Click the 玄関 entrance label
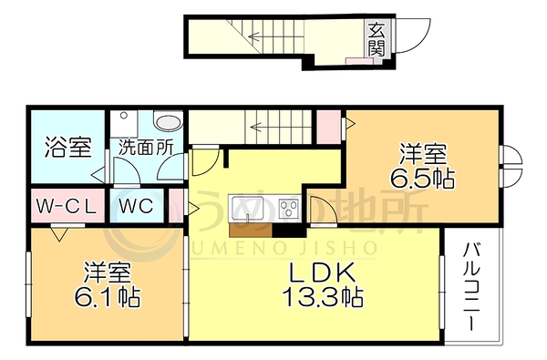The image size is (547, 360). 377,39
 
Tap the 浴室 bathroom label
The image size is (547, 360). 68,148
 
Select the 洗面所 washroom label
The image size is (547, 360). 146,148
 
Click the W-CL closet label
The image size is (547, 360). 67,207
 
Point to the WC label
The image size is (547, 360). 136,206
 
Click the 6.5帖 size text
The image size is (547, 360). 422,178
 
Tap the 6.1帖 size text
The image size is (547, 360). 108,297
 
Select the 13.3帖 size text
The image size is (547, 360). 323,297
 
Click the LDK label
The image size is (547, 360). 323,273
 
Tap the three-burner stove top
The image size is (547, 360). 288,209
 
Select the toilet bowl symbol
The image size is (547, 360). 169,121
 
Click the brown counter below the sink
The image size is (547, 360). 251,231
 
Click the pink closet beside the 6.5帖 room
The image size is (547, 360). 328,127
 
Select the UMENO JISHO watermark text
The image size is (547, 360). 284,248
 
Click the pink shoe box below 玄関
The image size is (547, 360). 359,61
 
